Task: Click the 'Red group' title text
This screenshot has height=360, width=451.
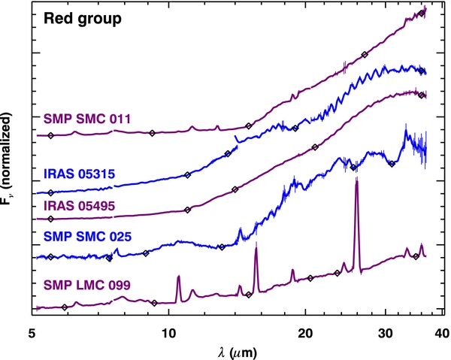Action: pyautogui.click(x=83, y=20)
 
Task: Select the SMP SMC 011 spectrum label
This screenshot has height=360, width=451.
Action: pyautogui.click(x=87, y=119)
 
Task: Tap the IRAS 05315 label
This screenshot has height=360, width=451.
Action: pyautogui.click(x=80, y=174)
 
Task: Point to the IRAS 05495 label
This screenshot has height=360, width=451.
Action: pyautogui.click(x=80, y=206)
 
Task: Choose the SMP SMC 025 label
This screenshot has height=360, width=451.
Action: pyautogui.click(x=87, y=237)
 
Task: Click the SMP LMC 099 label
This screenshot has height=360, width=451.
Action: pyautogui.click(x=87, y=285)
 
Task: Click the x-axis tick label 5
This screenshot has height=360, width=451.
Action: pyautogui.click(x=32, y=334)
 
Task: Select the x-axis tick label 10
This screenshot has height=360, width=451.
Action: pyautogui.click(x=168, y=334)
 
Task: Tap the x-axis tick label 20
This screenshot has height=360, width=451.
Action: pyautogui.click(x=305, y=334)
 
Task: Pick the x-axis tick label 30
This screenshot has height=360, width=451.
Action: pyautogui.click(x=386, y=334)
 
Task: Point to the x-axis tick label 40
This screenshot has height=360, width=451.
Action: pyautogui.click(x=443, y=334)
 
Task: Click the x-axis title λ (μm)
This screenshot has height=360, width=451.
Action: pyautogui.click(x=238, y=352)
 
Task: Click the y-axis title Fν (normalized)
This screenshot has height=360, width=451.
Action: pyautogui.click(x=7, y=159)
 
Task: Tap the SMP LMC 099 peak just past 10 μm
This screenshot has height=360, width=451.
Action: pyautogui.click(x=179, y=277)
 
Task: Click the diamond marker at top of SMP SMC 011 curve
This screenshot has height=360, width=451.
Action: pyautogui.click(x=422, y=14)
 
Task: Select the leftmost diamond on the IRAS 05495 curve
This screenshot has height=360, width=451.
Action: pyautogui.click(x=50, y=219)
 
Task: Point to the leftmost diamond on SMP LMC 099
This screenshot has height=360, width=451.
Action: pyautogui.click(x=65, y=307)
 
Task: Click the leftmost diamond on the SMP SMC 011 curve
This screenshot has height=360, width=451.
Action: pyautogui.click(x=50, y=135)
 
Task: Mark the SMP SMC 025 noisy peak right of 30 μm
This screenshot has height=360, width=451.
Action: pyautogui.click(x=406, y=131)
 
